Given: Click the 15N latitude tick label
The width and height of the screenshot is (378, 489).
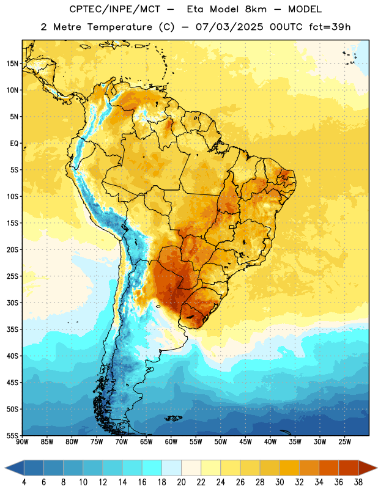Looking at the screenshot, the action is tap(12, 64).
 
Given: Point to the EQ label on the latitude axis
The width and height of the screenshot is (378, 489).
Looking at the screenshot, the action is tap(14, 144).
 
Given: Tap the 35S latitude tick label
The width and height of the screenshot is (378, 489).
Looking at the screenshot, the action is tap(12, 329).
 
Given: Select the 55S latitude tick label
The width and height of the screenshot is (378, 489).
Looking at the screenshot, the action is tap(12, 435).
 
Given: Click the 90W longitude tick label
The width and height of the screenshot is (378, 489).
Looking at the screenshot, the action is tap(22, 442).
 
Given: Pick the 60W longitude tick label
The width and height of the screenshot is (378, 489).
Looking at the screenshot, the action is tap(171, 442).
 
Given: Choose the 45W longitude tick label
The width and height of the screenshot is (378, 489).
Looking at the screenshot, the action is tap(245, 442).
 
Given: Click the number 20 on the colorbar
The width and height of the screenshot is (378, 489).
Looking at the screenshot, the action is tap(181, 482).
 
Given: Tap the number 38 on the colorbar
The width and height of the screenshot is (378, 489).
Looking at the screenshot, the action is tap(358, 482).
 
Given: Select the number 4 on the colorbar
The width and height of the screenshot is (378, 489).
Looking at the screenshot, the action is tap(24, 482).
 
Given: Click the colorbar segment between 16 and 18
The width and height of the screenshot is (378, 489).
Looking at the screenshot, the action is tap(152, 468).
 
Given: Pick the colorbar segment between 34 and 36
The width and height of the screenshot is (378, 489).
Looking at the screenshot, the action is tap(329, 468).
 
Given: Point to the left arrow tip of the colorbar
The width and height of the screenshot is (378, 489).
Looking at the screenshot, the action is tap(5, 468).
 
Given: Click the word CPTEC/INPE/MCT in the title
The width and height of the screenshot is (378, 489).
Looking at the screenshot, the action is tap(114, 9).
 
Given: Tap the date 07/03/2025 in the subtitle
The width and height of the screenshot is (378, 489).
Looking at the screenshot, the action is tap(229, 27).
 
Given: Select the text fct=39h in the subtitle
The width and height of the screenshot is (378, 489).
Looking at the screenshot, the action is tap(330, 27).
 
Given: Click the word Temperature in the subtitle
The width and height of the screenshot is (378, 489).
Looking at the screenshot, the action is tap(119, 27).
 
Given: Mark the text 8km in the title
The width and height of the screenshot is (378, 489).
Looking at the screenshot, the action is tap(256, 9).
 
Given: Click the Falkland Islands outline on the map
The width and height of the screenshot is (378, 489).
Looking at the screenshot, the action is tap(173, 418).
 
